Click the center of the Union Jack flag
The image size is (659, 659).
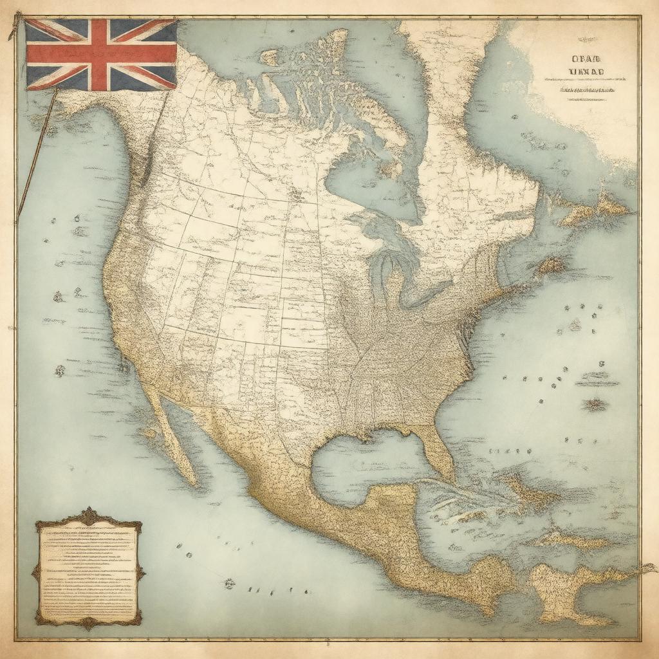101,54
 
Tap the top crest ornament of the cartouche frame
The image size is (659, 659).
88,515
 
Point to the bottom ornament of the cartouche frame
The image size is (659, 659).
88,623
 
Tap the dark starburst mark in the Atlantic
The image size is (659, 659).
595,404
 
